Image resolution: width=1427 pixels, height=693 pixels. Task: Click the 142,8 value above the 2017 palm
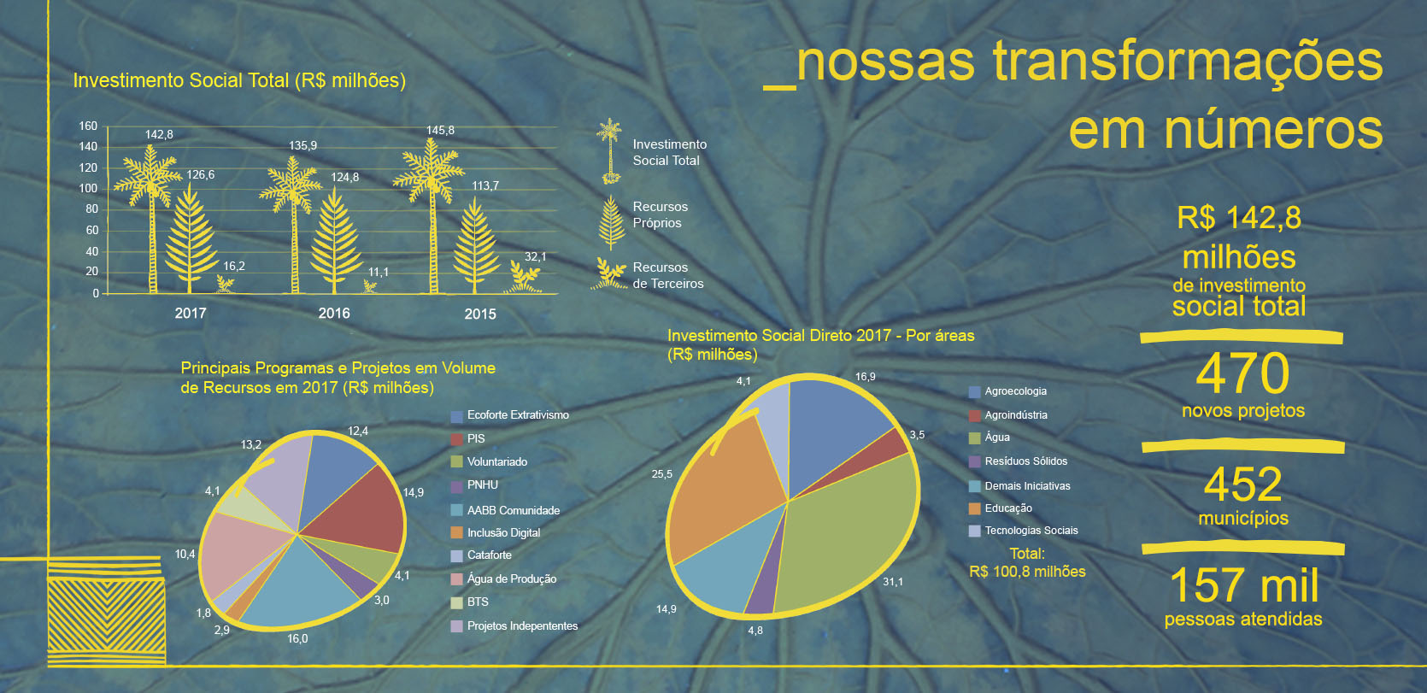[x=159, y=134]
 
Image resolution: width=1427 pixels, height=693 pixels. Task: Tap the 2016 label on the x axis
[x=334, y=313]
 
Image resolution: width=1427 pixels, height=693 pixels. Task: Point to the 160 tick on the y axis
[x=88, y=126]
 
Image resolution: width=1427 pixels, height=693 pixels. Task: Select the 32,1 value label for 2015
[x=535, y=256]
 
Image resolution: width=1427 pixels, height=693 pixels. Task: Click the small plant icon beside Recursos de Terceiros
[x=609, y=274]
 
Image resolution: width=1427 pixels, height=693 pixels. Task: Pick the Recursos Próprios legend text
[x=660, y=214]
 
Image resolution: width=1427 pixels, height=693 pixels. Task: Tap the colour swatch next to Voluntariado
[x=457, y=461]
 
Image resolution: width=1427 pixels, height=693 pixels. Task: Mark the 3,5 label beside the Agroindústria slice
[x=917, y=434]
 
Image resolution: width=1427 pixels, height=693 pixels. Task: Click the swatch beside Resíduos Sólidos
[x=975, y=461]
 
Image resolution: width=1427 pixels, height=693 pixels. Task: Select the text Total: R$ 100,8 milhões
[x=1027, y=562]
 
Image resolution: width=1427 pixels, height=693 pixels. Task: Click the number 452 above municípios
[x=1243, y=485]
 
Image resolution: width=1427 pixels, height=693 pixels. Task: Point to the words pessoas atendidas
[x=1243, y=620]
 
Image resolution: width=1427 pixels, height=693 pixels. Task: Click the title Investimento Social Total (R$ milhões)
[x=239, y=81]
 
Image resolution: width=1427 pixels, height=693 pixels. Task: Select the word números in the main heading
[x=1273, y=130]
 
